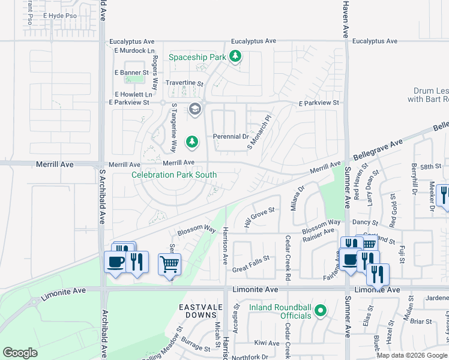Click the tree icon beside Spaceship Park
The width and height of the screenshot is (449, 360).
coord(236,57)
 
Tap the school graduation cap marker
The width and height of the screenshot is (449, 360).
coord(194,109)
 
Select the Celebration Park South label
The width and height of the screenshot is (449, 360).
coord(174,175)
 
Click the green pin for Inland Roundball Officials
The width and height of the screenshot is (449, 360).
coord(321,311)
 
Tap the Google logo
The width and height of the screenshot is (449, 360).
coord(20,353)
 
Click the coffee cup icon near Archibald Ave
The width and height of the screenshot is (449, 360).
coord(115,261)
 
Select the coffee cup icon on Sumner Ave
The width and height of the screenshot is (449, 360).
coord(350,260)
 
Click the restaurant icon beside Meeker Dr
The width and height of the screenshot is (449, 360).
coord(444,194)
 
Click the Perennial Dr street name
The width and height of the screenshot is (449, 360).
coord(231,137)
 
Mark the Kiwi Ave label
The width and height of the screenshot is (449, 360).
coord(267,343)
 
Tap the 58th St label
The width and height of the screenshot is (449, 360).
coord(430,166)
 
